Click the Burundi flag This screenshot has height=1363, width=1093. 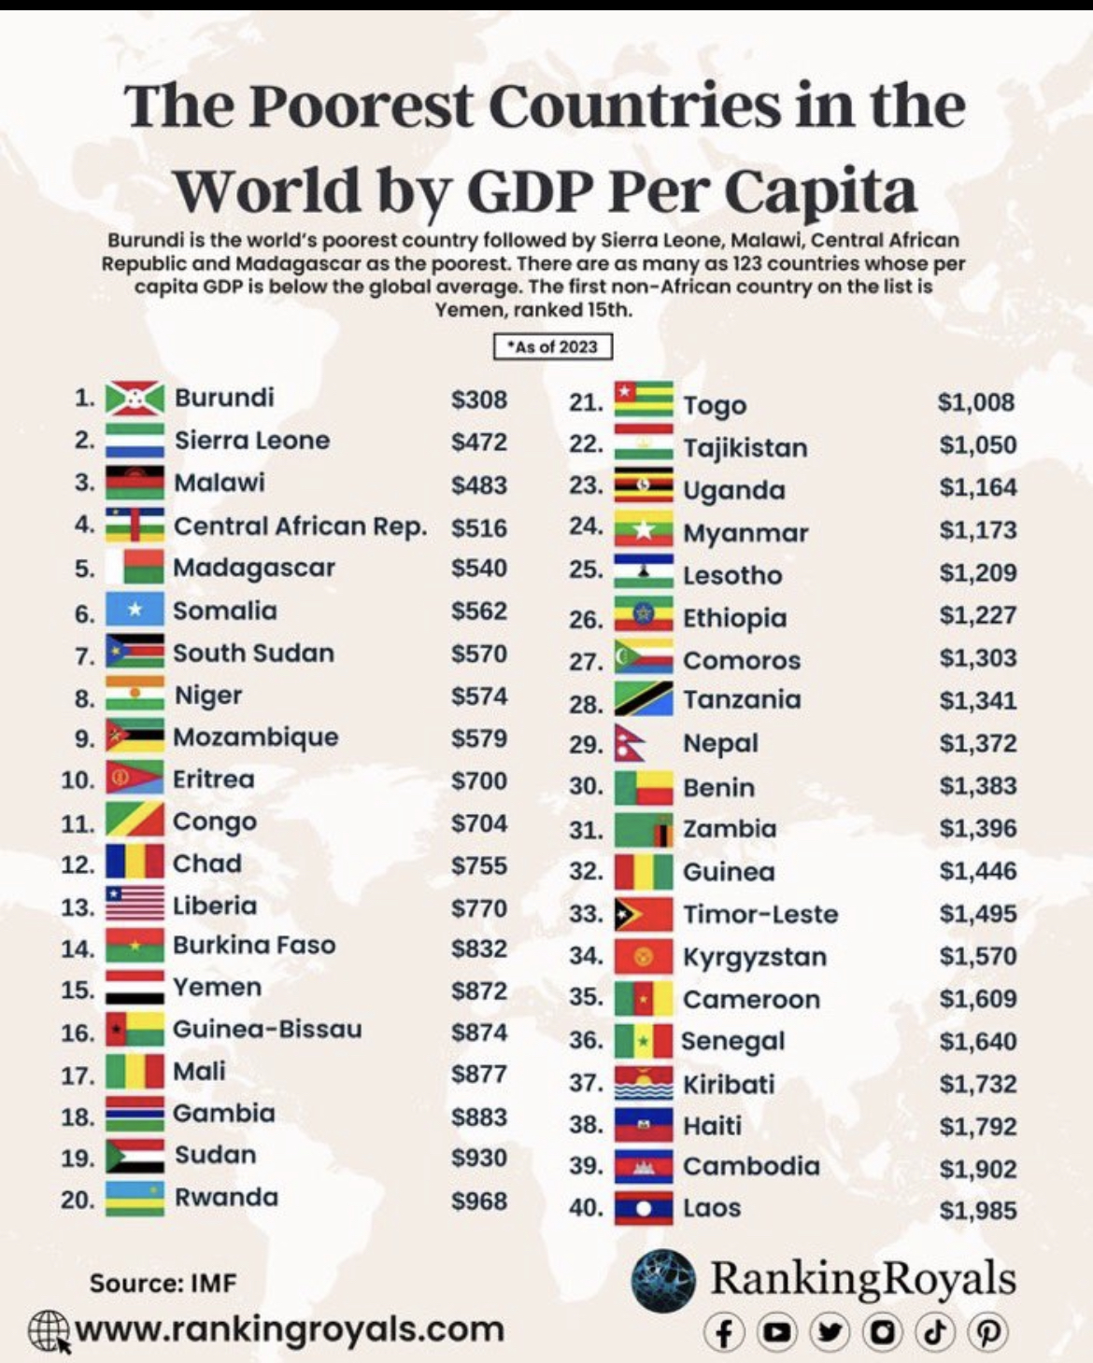(135, 399)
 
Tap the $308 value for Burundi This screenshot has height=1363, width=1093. (479, 400)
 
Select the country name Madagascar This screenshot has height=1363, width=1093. (254, 568)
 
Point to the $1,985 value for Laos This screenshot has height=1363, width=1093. (978, 1211)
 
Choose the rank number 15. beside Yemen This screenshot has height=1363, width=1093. (78, 990)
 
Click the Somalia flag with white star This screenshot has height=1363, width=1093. (135, 611)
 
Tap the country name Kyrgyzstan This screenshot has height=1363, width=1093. (755, 957)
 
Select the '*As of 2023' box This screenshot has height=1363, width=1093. (553, 347)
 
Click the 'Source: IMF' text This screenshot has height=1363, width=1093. (163, 1283)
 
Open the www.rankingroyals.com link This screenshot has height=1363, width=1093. (290, 1328)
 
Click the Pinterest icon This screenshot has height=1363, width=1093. (987, 1332)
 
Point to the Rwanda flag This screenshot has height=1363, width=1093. (135, 1199)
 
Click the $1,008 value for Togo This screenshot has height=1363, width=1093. (976, 402)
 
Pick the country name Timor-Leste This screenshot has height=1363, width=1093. (760, 914)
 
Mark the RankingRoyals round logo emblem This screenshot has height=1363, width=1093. (663, 1281)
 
